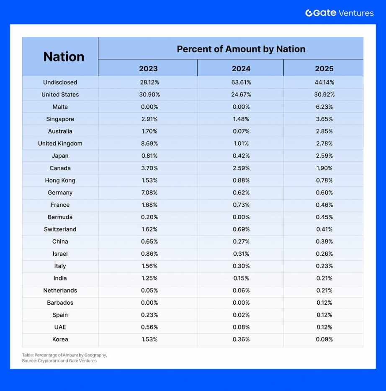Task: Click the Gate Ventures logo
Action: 339,13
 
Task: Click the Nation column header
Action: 64,57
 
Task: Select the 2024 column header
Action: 241,68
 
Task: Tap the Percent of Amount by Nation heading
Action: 241,49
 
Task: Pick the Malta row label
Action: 60,107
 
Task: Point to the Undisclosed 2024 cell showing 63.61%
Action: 241,82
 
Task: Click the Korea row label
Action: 60,340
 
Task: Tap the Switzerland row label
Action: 60,229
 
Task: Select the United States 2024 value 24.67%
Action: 241,95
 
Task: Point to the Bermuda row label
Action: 60,217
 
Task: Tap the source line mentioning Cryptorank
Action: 59,361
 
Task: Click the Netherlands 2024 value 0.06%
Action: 241,291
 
